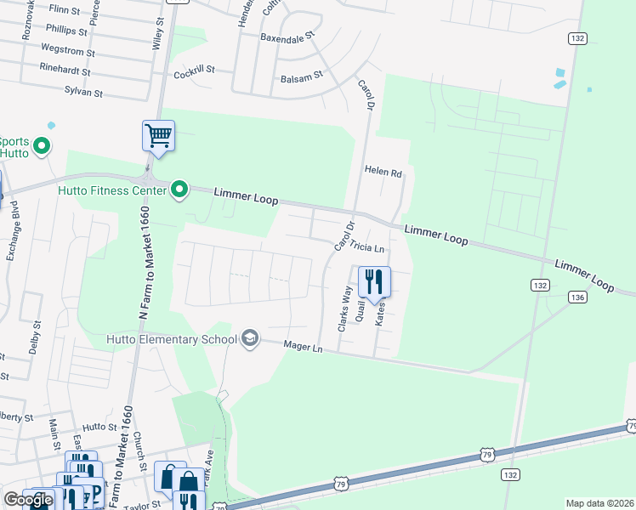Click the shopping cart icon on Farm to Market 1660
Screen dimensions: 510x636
point(158,135)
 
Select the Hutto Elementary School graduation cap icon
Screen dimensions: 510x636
point(249,339)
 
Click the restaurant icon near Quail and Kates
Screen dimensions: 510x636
point(374,282)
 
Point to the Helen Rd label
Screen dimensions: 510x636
point(383,172)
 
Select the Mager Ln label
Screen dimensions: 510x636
point(304,348)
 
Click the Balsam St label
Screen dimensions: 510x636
point(302,76)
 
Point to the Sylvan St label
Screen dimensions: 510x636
point(83,91)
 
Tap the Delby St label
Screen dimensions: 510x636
point(36,337)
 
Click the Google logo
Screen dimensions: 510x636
point(28,500)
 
